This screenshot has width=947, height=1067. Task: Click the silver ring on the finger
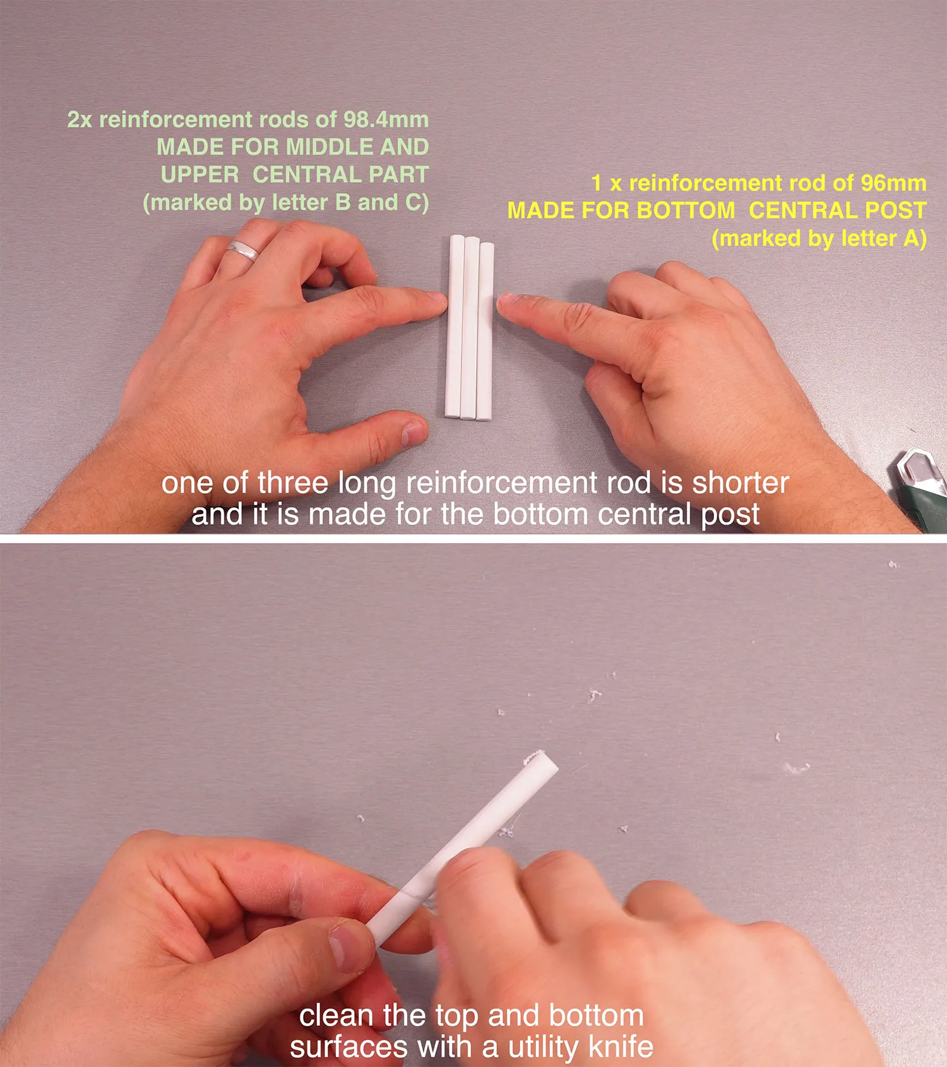242,250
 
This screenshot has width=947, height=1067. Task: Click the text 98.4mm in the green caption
386,119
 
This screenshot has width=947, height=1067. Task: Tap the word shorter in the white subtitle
741,483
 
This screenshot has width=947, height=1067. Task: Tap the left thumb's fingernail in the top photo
414,433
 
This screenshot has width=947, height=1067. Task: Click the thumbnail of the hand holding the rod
345,947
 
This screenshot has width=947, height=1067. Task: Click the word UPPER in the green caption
200,175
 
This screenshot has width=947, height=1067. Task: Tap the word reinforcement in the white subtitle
501,483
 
